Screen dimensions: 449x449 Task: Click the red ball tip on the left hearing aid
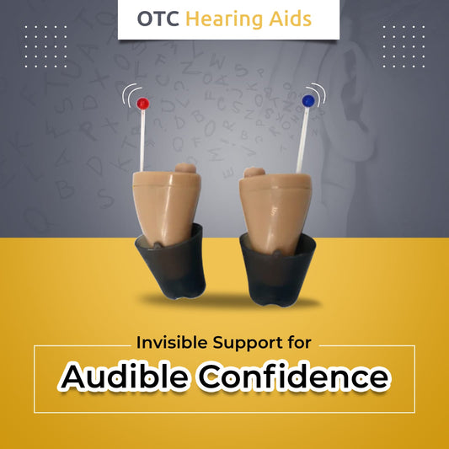[142, 103]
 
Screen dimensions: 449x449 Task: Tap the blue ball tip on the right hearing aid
[307, 100]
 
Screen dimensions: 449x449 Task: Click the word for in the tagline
[299, 344]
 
